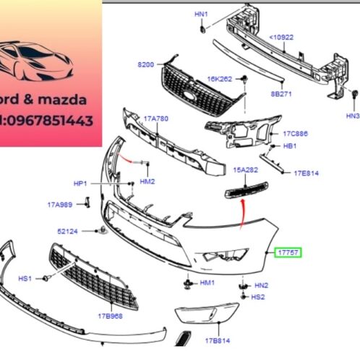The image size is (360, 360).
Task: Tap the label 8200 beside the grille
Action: pos(146,65)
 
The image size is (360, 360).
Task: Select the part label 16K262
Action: pos(220,78)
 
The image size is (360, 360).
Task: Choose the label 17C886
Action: pos(295,133)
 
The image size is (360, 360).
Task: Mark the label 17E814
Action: pos(306,173)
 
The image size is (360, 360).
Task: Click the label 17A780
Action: pos(155,119)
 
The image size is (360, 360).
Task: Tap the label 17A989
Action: pos(60,205)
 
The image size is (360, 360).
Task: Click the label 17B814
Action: pos(217,340)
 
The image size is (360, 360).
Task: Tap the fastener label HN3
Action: pos(352,115)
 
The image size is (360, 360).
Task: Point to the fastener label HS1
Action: pos(25,278)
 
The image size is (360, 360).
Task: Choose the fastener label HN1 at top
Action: pos(201,14)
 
